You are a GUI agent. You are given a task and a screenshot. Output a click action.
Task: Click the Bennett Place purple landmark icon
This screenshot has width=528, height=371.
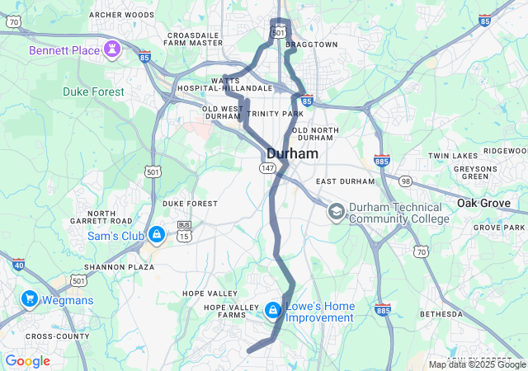pyautogui.click(x=110, y=50)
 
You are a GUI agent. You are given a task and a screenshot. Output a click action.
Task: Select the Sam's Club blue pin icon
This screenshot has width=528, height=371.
pyautogui.click(x=156, y=235)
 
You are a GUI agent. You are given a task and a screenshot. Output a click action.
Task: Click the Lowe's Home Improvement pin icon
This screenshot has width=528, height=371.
pyautogui.click(x=272, y=310)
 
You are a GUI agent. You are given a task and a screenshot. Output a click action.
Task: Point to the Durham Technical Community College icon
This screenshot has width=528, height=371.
pyautogui.click(x=336, y=212)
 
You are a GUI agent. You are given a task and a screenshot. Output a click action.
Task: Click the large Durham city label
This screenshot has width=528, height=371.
pyautogui.click(x=292, y=153)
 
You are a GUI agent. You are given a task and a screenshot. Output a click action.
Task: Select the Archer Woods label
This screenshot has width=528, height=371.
pyautogui.click(x=121, y=15)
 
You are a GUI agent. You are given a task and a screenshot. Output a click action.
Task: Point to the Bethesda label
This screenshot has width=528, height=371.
pyautogui.click(x=442, y=314)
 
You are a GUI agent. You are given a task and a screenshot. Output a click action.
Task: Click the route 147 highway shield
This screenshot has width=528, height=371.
pyautogui.click(x=267, y=167)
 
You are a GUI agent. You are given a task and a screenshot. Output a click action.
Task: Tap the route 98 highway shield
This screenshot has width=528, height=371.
pyautogui.click(x=405, y=181)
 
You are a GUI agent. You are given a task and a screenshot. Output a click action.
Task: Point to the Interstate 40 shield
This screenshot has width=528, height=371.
pyautogui.click(x=18, y=265)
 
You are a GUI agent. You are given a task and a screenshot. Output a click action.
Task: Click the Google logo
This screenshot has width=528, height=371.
pyautogui.click(x=27, y=360)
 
